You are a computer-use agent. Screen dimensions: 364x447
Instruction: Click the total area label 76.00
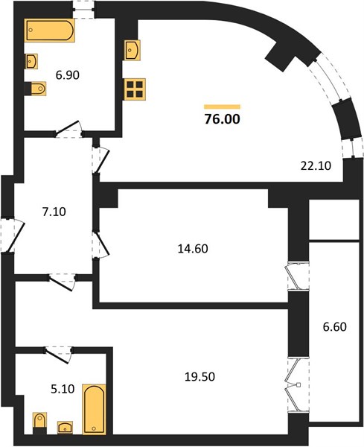(x=223, y=119)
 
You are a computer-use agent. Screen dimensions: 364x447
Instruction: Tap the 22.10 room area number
(x=316, y=165)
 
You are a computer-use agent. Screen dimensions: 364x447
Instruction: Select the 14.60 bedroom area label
(x=193, y=249)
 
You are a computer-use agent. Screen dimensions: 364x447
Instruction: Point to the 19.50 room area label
(x=199, y=377)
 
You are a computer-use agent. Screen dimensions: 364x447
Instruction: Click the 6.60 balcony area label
(x=335, y=327)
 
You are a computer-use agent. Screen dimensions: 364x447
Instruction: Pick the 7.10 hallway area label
(x=54, y=212)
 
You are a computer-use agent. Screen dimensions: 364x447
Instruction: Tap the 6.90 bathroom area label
(x=68, y=75)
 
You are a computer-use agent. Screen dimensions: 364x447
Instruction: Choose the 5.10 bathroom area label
(x=63, y=389)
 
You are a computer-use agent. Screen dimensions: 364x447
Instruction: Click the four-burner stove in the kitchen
(x=135, y=89)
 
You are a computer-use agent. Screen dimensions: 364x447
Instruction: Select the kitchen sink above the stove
(x=132, y=50)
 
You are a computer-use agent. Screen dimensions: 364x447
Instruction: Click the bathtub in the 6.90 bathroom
(x=50, y=31)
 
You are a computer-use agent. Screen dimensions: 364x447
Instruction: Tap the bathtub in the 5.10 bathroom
(x=95, y=409)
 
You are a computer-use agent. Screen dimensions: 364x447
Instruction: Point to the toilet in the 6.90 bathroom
(x=37, y=89)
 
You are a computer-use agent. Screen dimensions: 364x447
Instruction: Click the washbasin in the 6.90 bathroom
(x=31, y=61)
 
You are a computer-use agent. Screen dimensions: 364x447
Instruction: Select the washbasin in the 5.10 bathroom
(x=65, y=428)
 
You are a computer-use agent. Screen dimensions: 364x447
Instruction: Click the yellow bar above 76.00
(x=222, y=107)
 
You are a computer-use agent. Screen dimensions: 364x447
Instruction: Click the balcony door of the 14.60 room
(x=298, y=276)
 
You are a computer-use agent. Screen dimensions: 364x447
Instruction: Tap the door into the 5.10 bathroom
(x=59, y=355)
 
